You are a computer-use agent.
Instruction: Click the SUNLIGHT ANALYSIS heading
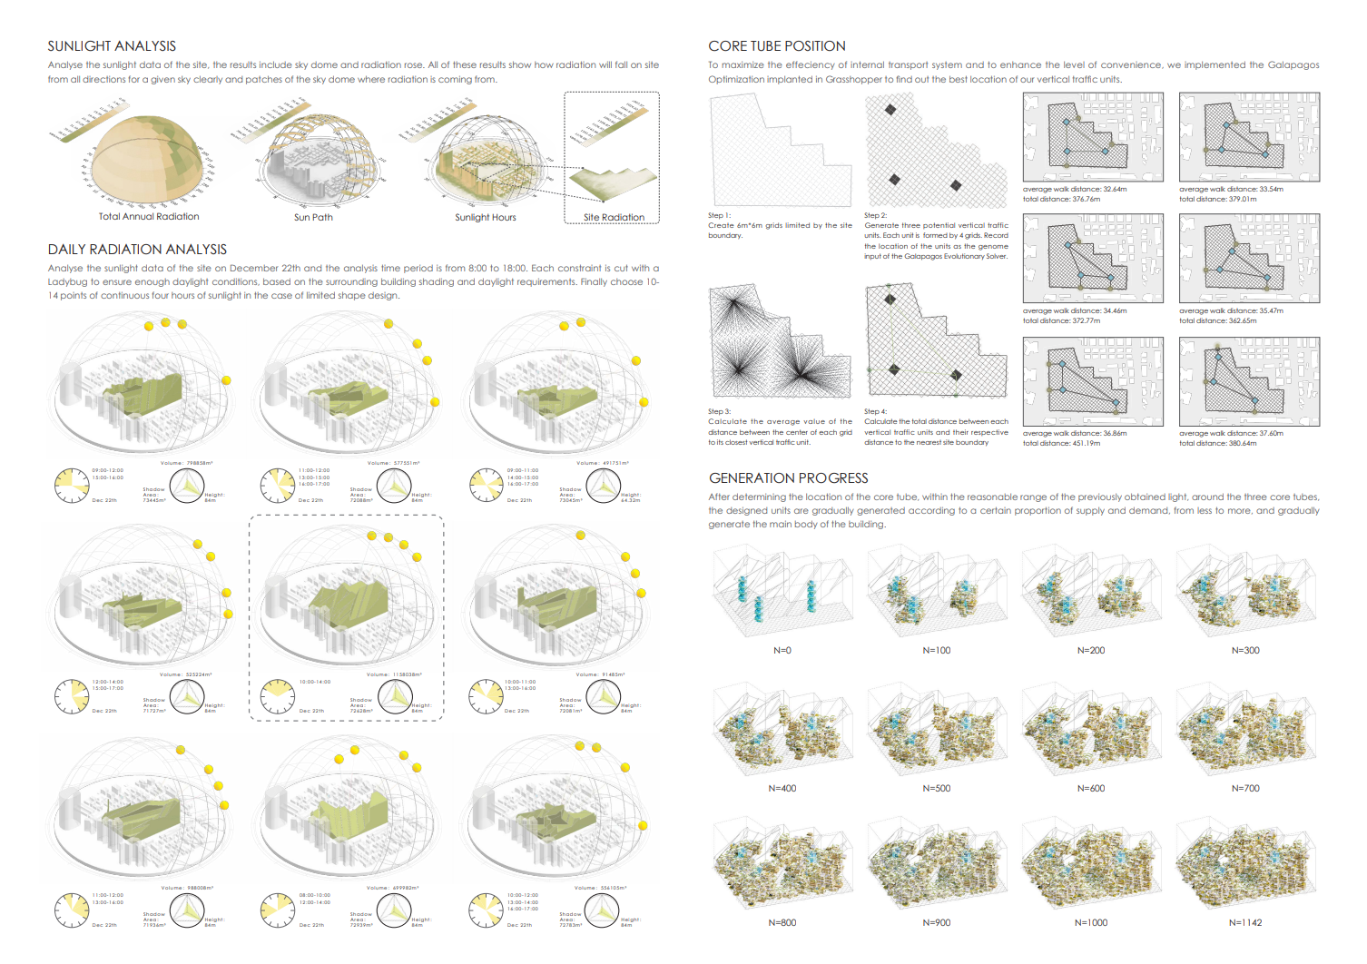112,46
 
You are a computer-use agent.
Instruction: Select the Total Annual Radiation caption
149,217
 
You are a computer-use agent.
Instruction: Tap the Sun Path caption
313,218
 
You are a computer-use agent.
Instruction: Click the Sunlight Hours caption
485,218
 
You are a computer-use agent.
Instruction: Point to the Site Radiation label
614,218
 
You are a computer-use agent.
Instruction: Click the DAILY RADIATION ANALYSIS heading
137,250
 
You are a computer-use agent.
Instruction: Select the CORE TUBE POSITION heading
776,46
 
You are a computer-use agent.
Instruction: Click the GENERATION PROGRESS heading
788,478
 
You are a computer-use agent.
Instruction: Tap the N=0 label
782,651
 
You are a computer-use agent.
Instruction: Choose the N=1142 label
1245,923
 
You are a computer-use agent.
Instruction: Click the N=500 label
936,789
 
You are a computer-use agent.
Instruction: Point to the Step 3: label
719,412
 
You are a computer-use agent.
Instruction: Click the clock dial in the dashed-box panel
278,696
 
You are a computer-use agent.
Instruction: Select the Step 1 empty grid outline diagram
780,151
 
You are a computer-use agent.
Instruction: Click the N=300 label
1245,651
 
